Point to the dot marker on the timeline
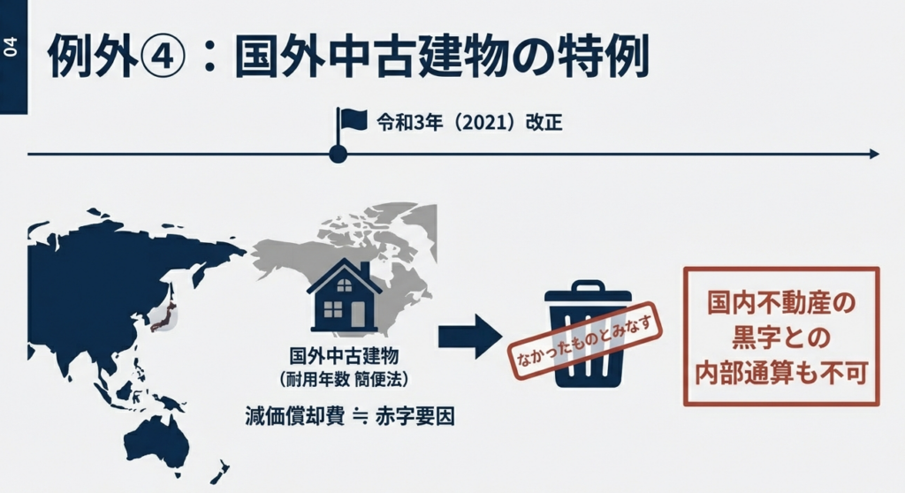[x=338, y=154]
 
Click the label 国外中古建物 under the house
[x=344, y=357]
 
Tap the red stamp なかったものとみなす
[x=582, y=345]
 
